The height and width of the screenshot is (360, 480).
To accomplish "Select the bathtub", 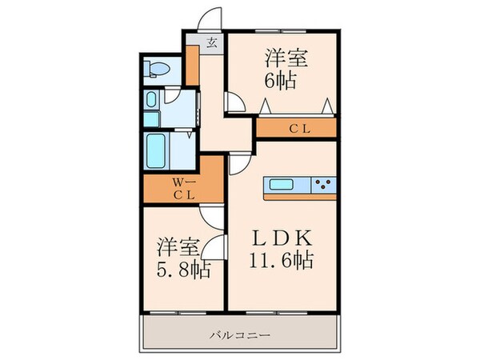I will pos(158,148).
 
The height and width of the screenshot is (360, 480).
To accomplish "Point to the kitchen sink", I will pos(282,186).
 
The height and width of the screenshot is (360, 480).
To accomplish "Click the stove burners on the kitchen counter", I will pos(324,186).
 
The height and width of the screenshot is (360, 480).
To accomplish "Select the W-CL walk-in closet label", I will pos(182,186).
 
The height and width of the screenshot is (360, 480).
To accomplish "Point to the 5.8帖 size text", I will pos(183,270).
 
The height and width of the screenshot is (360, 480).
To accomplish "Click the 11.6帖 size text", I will pos(282,261).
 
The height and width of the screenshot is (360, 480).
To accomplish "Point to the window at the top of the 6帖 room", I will pos(280,31).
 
